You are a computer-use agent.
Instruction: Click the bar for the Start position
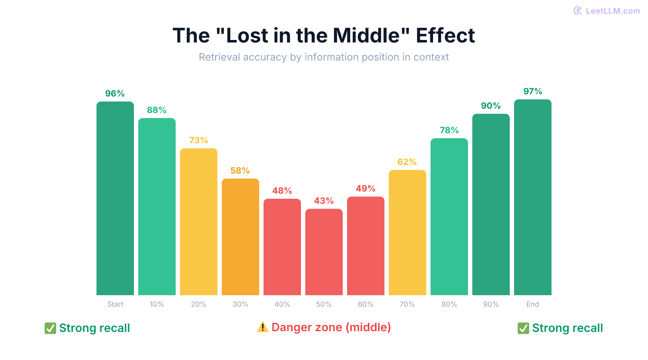(115, 198)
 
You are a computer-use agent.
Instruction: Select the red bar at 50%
(324, 252)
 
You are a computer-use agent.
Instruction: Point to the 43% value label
(324, 201)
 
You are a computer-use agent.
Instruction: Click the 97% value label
(533, 91)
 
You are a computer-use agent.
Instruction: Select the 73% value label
(199, 140)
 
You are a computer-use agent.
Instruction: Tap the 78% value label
(449, 130)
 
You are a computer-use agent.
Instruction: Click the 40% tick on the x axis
(282, 304)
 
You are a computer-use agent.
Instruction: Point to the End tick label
(533, 304)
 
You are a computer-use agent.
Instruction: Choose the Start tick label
(115, 304)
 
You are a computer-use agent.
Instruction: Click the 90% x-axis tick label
(491, 304)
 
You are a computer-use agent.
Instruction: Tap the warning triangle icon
(263, 327)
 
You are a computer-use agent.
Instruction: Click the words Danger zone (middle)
(331, 327)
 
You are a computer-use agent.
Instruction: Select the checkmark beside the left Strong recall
(50, 328)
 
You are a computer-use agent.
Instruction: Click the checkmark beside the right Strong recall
(523, 328)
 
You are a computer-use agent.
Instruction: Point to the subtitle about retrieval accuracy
(324, 57)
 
